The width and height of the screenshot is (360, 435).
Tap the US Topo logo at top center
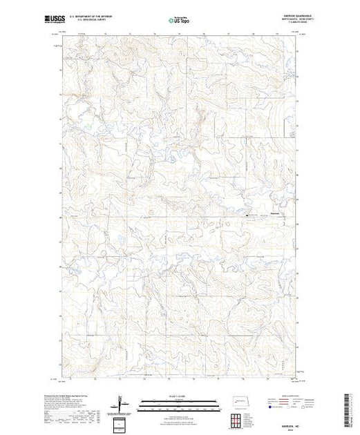(x=180, y=21)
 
